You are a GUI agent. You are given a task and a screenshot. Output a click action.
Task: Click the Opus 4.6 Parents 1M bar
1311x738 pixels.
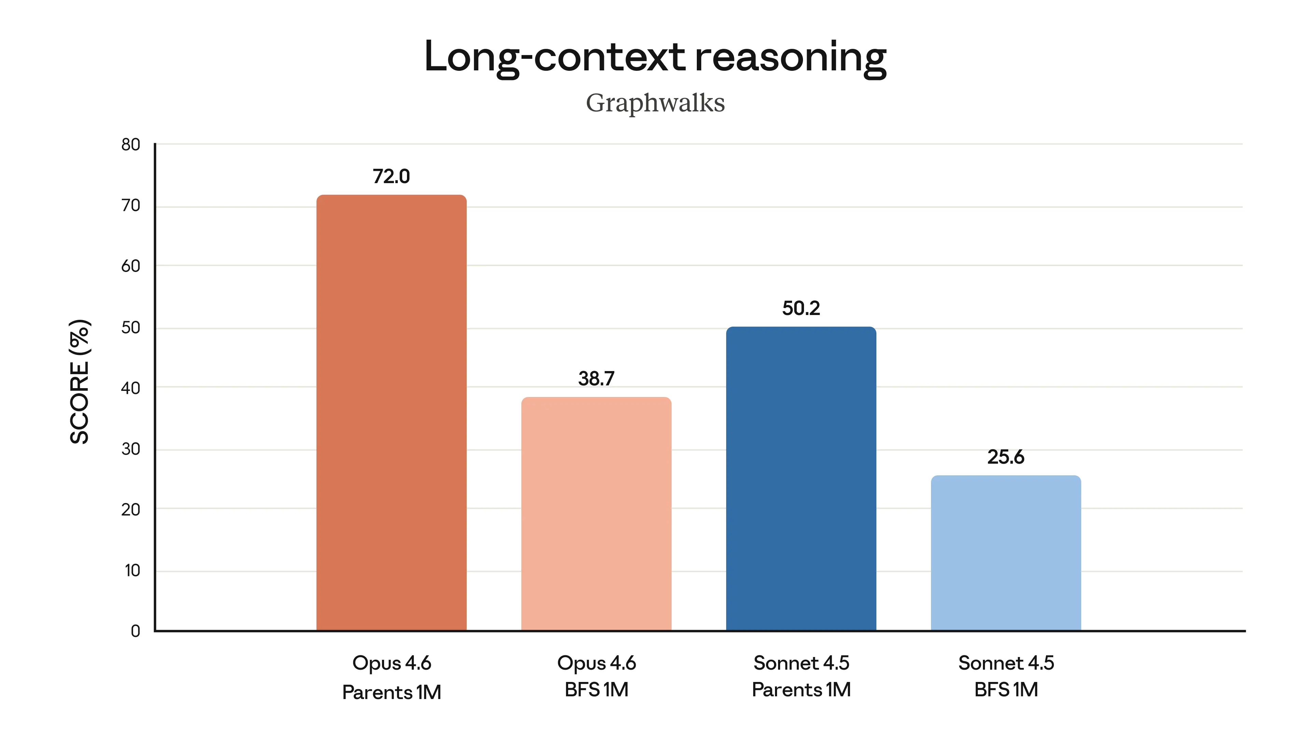tap(391, 412)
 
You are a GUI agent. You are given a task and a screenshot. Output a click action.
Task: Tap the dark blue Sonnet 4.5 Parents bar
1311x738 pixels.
tap(801, 478)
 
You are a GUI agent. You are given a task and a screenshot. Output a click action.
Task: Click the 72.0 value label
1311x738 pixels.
tap(391, 176)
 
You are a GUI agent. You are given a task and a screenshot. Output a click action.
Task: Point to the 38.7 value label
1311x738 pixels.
tap(596, 379)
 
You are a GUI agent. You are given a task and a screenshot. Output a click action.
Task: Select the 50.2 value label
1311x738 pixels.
tap(801, 308)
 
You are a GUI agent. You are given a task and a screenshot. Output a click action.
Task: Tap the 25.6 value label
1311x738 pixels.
tap(1006, 457)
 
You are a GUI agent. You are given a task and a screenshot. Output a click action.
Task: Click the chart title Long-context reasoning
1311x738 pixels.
tap(655, 57)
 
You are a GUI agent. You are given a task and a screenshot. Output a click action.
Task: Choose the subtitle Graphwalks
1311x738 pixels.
tap(655, 103)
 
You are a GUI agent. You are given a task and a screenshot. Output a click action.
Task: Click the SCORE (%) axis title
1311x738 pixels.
tap(80, 382)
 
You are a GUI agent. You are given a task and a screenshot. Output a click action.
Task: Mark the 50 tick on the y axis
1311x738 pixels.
tap(131, 328)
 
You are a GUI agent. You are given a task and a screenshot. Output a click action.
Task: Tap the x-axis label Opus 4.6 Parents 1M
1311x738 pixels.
tap(391, 677)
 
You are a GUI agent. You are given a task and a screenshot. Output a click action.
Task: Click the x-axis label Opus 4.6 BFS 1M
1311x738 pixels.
tap(596, 676)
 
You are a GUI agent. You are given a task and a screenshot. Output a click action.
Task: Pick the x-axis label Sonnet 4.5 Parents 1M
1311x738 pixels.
tap(801, 676)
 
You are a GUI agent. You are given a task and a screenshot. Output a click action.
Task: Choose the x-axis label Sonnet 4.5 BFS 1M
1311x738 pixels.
tap(1006, 676)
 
